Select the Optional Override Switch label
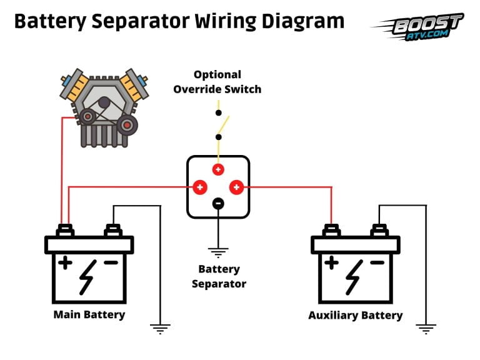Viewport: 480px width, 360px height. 217,82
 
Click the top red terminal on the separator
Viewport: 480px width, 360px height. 218,169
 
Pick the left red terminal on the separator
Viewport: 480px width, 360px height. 200,186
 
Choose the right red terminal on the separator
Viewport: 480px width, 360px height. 236,186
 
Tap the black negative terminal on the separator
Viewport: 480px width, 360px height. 218,203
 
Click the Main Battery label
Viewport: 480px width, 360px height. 89,314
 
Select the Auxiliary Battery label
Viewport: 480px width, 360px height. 355,315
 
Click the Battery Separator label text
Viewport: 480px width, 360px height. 219,276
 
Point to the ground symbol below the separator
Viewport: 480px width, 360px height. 218,252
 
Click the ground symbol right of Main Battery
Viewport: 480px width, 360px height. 161,326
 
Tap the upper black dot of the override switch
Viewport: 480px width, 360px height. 218,113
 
